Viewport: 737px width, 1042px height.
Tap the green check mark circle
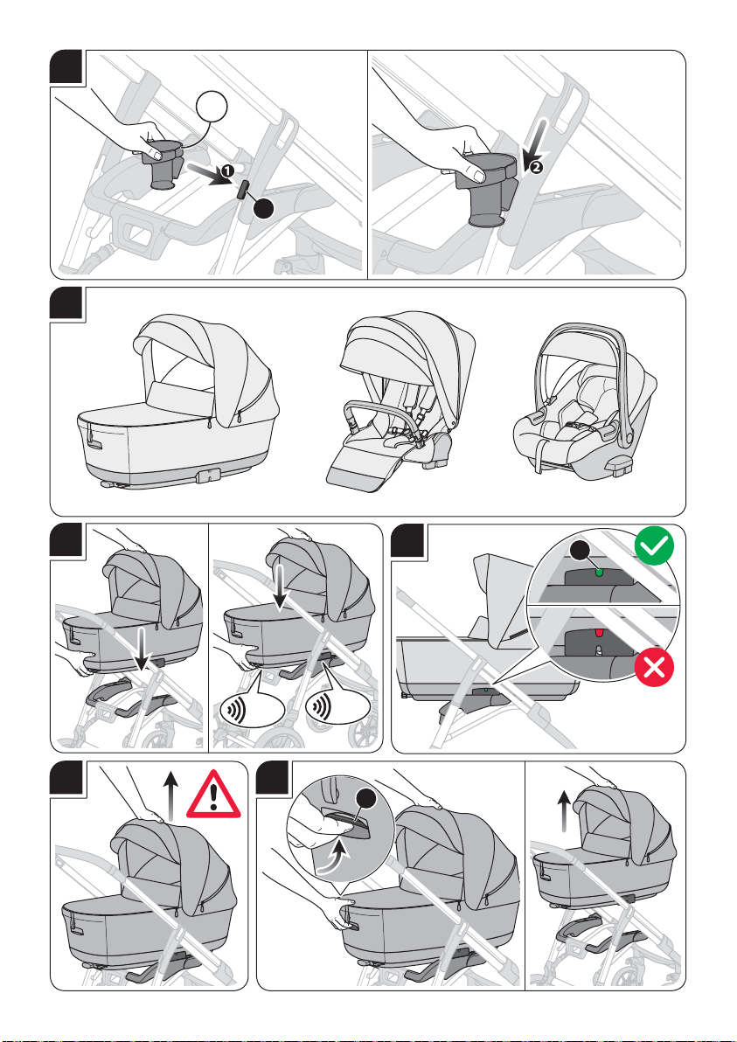pos(654,545)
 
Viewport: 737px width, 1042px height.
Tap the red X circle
pos(655,667)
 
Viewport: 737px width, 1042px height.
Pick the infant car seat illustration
pos(584,399)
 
